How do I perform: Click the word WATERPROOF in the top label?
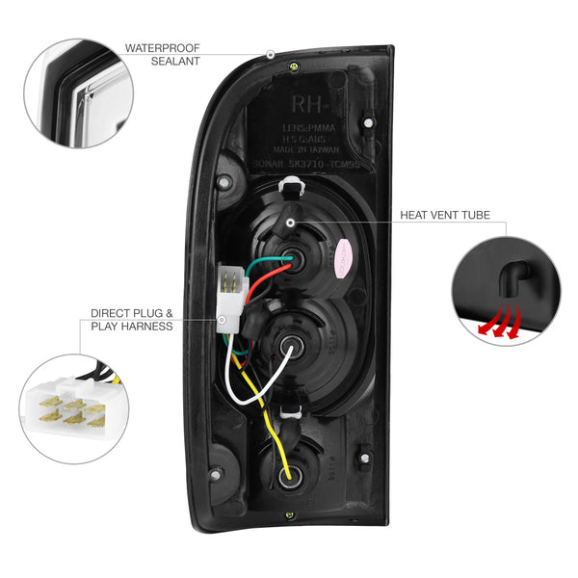(x=162, y=45)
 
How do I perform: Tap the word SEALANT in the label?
(x=175, y=61)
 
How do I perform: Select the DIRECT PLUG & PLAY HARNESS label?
(x=132, y=320)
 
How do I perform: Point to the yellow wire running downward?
(x=266, y=424)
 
